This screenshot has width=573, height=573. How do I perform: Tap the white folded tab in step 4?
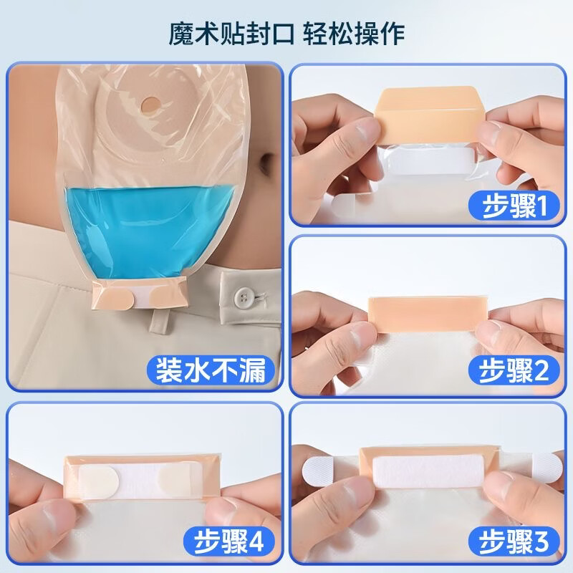click(x=109, y=476)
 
